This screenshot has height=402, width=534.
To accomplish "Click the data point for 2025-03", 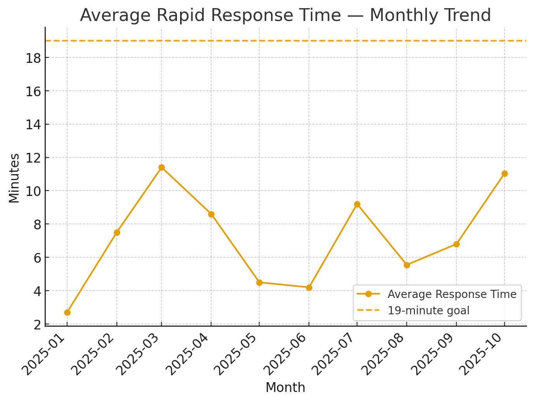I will click(x=161, y=168).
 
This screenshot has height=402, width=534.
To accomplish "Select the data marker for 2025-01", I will click(x=67, y=312).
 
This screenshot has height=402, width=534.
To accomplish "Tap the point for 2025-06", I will click(x=309, y=288).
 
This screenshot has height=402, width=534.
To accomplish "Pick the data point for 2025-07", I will click(x=357, y=204).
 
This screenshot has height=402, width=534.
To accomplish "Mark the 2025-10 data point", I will click(x=505, y=173).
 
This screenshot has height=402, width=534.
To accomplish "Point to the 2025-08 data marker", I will click(x=407, y=265).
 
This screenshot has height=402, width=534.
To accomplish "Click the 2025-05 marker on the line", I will click(x=259, y=282).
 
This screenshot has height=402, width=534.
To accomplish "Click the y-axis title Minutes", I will click(x=14, y=178).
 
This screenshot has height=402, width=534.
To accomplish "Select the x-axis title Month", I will click(x=285, y=388).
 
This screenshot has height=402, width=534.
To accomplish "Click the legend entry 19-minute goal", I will click(x=428, y=310).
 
